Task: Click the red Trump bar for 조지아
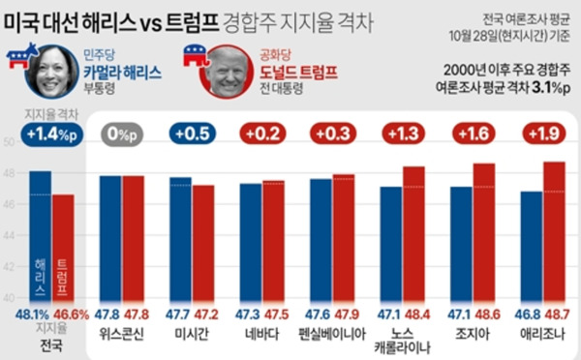(x=483, y=232)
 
